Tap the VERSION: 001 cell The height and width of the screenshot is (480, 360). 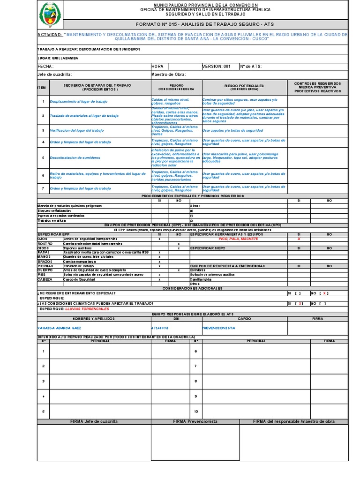coord(217,67)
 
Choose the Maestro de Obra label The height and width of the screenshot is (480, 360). coord(169,74)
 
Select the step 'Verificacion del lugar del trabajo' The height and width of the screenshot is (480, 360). coord(77,130)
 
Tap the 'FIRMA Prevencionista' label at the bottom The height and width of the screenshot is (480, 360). coord(195,421)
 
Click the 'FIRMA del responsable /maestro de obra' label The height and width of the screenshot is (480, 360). coord(294,421)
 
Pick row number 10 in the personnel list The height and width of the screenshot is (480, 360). coord(196,412)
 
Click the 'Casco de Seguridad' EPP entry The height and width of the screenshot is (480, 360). coord(79,279)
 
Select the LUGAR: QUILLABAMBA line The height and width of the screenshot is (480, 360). coord(58,58)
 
